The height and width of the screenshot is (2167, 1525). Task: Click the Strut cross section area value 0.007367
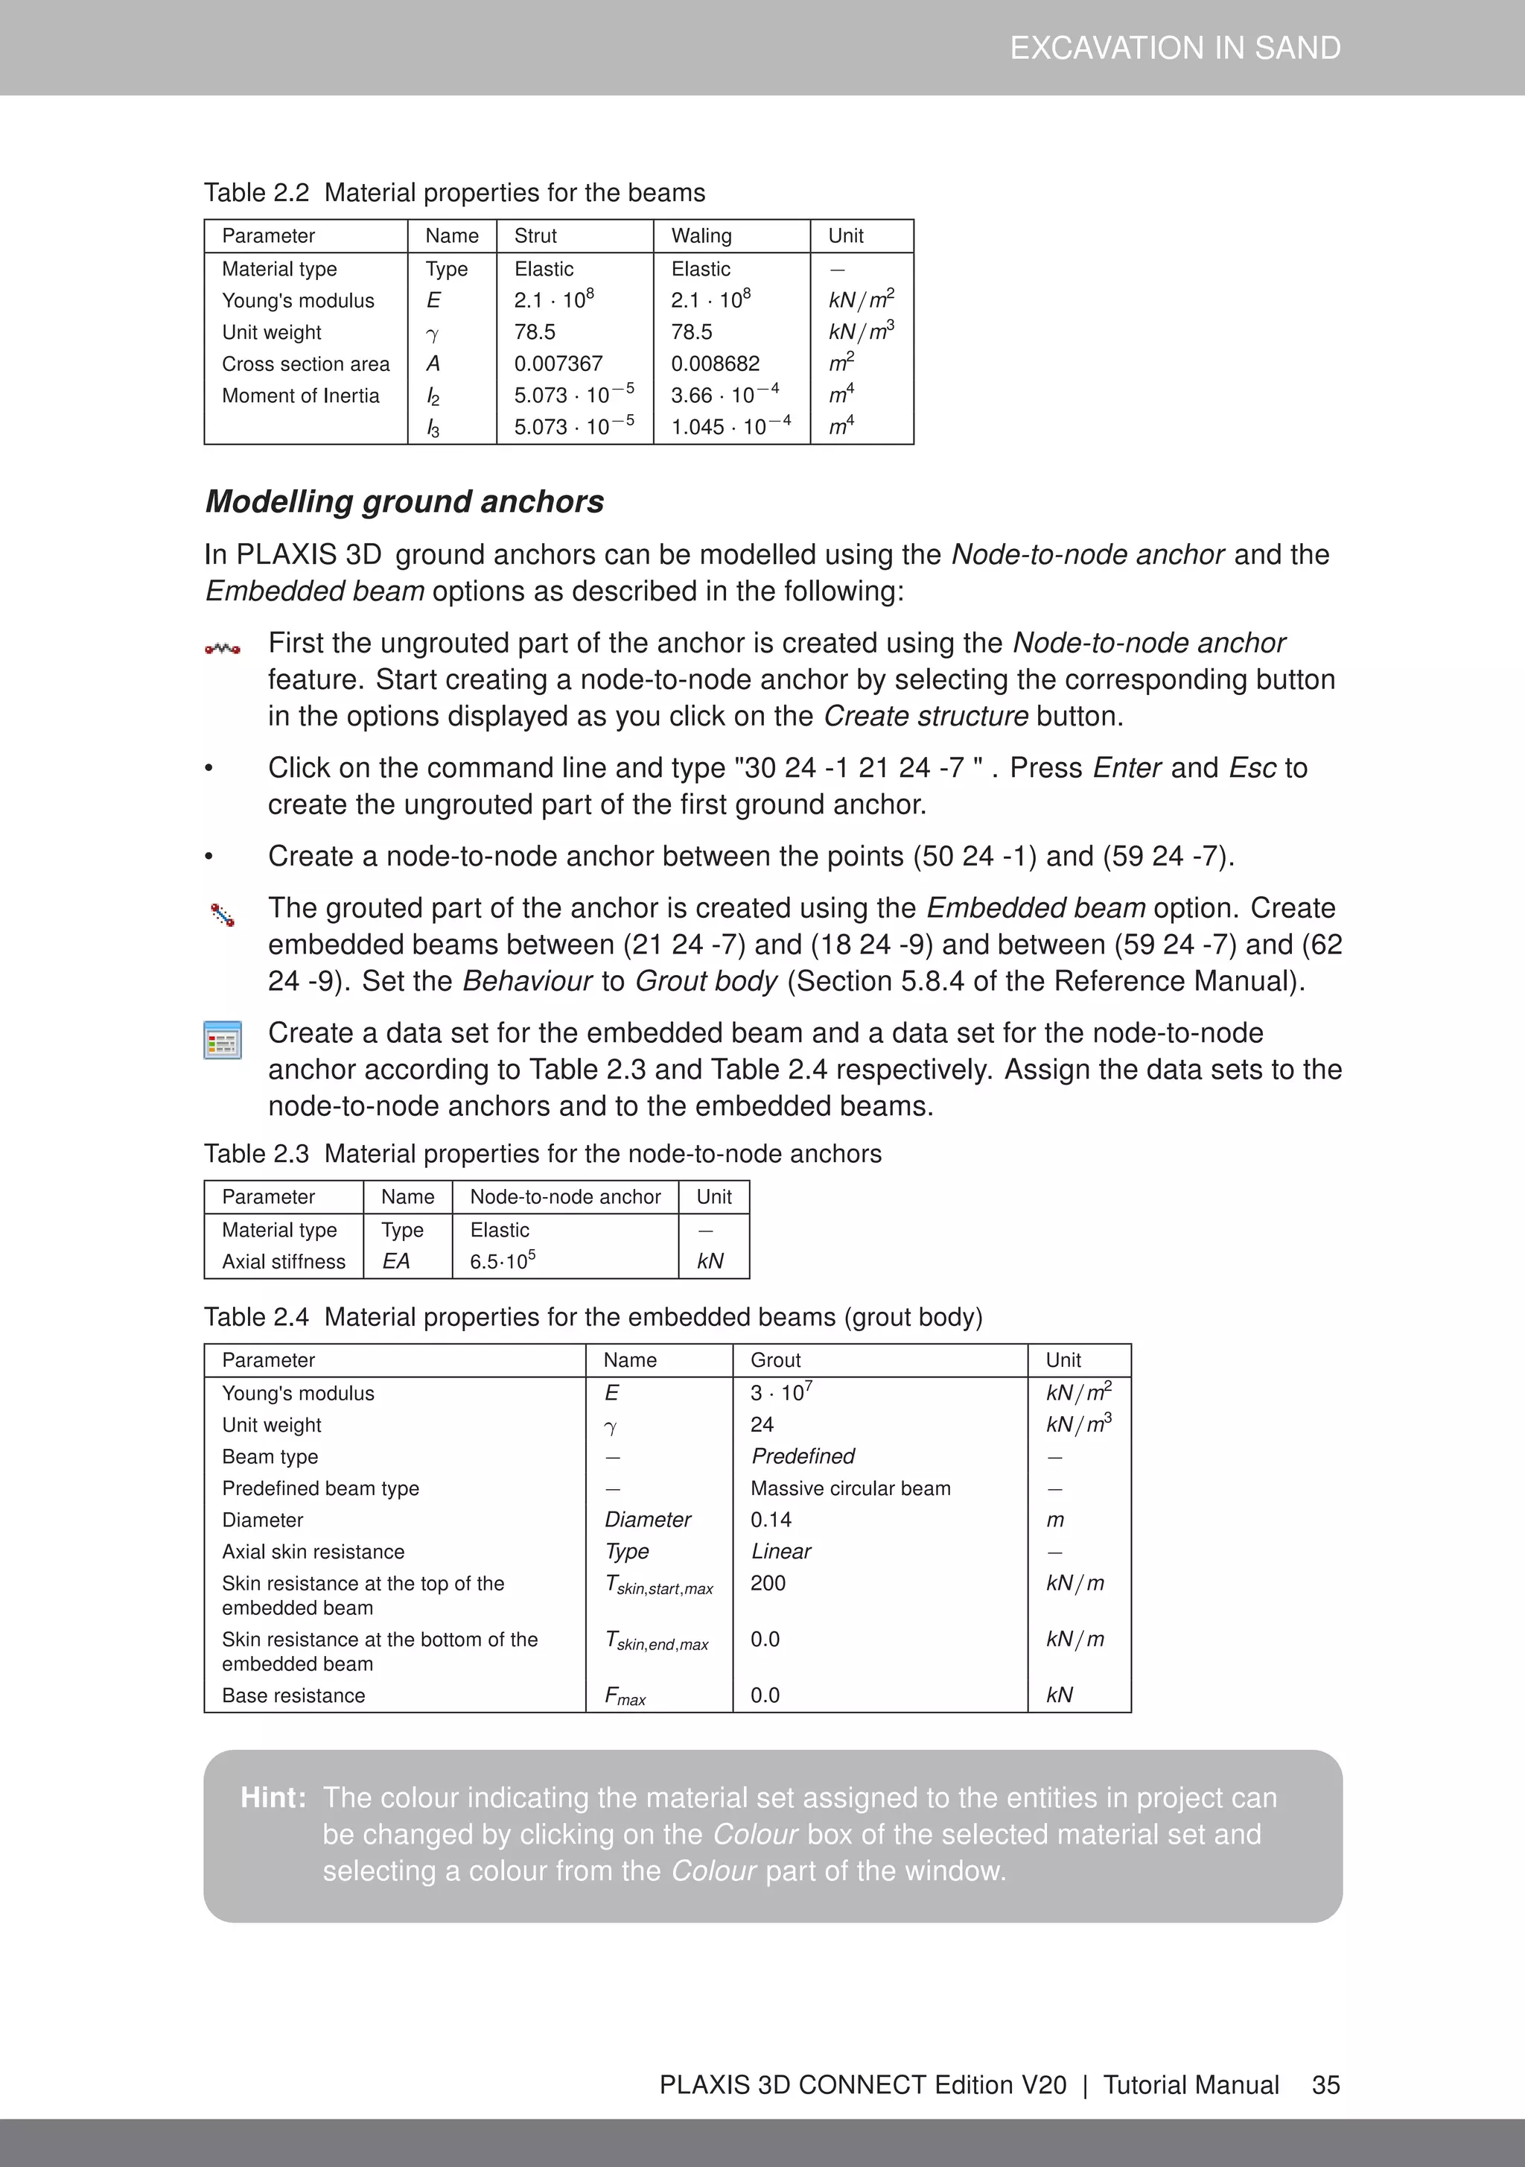click(x=558, y=364)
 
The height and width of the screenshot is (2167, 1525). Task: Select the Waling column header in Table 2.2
click(x=701, y=236)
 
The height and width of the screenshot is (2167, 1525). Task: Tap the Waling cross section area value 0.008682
click(x=716, y=364)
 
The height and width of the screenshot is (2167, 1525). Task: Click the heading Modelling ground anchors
click(x=404, y=501)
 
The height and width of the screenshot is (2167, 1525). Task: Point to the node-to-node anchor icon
click(x=223, y=648)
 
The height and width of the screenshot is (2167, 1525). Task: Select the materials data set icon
click(x=223, y=1040)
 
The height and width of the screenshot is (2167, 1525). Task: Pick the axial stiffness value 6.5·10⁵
click(x=503, y=1261)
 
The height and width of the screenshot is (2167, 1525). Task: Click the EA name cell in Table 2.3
click(x=396, y=1261)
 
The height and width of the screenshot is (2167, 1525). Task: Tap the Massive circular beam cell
click(x=850, y=1488)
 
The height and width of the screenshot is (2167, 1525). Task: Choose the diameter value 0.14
click(x=771, y=1520)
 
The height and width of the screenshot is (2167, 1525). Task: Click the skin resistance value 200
click(x=768, y=1583)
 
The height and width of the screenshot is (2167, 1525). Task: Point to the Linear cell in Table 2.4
click(x=781, y=1552)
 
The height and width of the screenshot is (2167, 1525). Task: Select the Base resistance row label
click(x=293, y=1695)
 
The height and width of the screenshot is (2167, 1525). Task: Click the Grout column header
click(x=776, y=1360)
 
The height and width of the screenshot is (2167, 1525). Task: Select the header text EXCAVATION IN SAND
click(x=1175, y=48)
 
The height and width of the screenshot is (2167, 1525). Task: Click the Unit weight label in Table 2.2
click(x=272, y=332)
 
